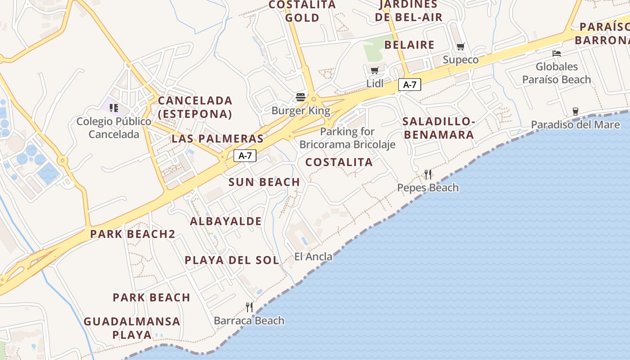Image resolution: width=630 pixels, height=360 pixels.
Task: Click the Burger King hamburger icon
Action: (301, 97)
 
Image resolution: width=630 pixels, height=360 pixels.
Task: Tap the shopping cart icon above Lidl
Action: (374, 70)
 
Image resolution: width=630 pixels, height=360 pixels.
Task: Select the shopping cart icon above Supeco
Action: (460, 46)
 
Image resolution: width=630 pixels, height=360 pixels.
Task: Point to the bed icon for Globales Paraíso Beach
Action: (557, 54)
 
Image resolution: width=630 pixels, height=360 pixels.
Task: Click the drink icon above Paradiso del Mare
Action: (575, 111)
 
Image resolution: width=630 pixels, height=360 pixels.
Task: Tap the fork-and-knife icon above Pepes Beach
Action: (428, 174)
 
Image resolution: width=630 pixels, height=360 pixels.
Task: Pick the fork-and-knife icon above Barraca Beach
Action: (249, 307)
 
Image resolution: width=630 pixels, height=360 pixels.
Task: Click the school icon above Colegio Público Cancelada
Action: (114, 108)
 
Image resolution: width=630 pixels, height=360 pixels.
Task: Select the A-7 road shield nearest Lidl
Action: (409, 84)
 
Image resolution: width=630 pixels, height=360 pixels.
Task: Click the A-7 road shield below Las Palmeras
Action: (245, 156)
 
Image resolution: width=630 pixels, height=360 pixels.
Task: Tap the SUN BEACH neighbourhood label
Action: (264, 182)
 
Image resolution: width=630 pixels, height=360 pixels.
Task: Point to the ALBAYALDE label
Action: (226, 221)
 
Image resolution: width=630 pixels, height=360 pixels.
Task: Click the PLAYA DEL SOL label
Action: (232, 260)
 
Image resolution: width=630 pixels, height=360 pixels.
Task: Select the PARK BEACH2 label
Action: (133, 234)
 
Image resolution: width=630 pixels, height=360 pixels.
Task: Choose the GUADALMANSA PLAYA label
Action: (132, 328)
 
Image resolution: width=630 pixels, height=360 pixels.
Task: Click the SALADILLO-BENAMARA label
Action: (438, 128)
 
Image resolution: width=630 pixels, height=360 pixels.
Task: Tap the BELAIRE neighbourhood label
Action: (409, 45)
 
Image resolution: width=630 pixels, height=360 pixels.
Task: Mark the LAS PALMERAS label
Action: (217, 138)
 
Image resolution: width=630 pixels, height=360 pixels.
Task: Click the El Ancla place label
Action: (313, 256)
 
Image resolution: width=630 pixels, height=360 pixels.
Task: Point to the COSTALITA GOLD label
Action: (302, 11)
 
